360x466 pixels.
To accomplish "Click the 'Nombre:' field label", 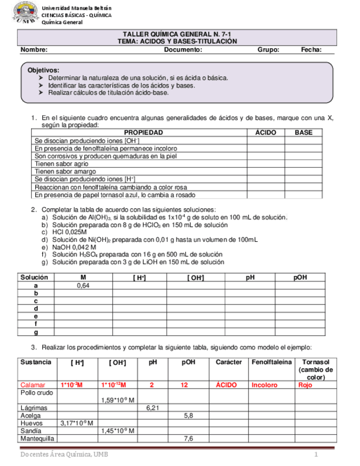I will (x=34, y=50).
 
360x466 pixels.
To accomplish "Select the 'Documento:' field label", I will (x=183, y=50).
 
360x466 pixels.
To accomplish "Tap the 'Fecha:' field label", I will (x=311, y=50).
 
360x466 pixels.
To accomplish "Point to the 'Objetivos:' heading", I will (x=43, y=71).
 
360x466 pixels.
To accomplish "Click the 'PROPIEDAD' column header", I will (x=143, y=133).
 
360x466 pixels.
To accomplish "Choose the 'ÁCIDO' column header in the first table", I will (x=266, y=133).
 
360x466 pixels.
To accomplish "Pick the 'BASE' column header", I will (x=303, y=133).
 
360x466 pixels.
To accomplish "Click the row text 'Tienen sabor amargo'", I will (x=60, y=171).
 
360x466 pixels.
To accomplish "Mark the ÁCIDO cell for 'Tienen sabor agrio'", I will (x=266, y=164).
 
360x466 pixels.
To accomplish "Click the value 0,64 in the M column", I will (x=83, y=286).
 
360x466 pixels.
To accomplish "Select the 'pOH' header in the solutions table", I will (x=300, y=278).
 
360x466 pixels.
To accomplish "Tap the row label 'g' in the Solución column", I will (x=36, y=332).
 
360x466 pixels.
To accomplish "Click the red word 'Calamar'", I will (x=32, y=385).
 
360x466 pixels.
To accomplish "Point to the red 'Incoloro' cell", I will (x=264, y=385).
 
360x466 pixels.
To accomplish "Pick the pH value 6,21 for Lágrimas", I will (x=153, y=408).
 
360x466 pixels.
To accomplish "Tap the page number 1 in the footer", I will (x=317, y=455).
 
